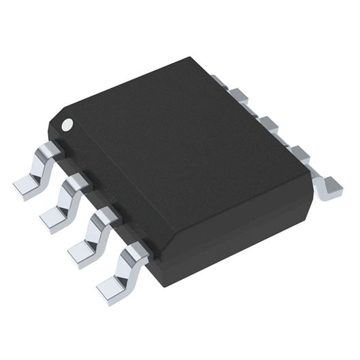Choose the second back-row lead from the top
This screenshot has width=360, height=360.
[x=240, y=98]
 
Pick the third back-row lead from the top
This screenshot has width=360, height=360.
[x=269, y=125]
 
